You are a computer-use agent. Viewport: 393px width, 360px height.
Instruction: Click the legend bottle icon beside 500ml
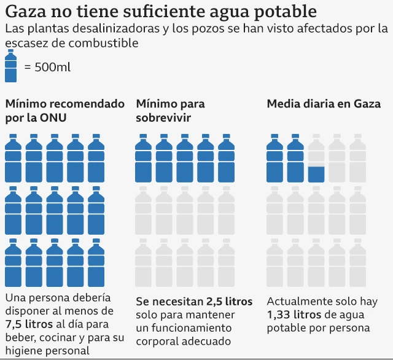[10, 66]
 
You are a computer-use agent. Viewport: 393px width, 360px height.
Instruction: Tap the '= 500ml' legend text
[47, 67]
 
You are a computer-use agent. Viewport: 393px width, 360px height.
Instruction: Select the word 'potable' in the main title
[283, 11]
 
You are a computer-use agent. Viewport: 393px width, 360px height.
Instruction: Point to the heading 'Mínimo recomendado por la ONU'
[64, 111]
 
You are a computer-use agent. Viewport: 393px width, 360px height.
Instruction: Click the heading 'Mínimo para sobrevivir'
[170, 111]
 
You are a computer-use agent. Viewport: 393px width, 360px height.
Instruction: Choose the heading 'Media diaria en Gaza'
[324, 104]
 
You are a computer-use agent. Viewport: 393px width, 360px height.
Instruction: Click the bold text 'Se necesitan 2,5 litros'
[193, 302]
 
